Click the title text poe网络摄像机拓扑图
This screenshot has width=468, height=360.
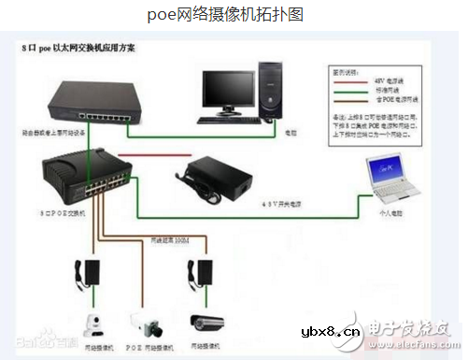pos(228,15)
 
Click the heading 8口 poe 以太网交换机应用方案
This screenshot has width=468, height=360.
pos(79,47)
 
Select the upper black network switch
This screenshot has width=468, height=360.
pos(92,102)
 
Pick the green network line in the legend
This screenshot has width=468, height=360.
pos(356,91)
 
